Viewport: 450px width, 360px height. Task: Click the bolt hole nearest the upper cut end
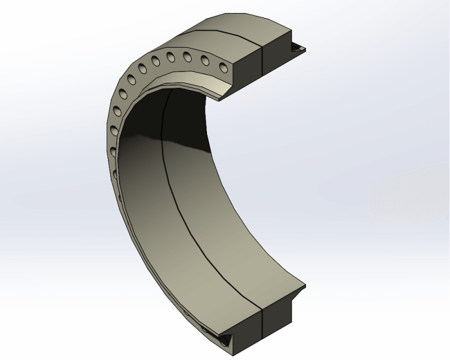(224, 67)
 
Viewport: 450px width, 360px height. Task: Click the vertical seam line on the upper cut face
(263, 62)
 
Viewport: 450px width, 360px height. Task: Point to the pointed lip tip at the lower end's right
(304, 285)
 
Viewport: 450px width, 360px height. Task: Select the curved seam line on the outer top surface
(225, 31)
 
